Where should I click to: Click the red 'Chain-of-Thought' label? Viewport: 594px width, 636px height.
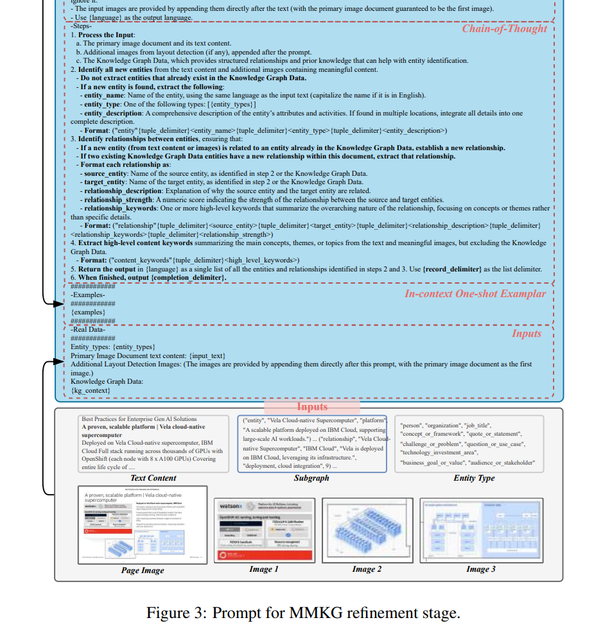(504, 29)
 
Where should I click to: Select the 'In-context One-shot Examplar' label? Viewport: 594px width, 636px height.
(475, 293)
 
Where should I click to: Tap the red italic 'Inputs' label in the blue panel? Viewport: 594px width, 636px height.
(526, 333)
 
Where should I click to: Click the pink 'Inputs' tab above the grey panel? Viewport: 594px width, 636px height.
(312, 406)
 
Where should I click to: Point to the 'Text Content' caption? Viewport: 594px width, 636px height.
(153, 477)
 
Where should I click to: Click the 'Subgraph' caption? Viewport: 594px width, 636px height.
(311, 477)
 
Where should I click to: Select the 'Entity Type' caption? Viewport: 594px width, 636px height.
(474, 477)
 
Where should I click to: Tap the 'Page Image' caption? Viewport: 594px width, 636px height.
(143, 570)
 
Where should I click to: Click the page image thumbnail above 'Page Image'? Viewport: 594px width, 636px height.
(143, 524)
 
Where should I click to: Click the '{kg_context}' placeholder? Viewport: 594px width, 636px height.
(91, 390)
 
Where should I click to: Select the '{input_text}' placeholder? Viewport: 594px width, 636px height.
(207, 355)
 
